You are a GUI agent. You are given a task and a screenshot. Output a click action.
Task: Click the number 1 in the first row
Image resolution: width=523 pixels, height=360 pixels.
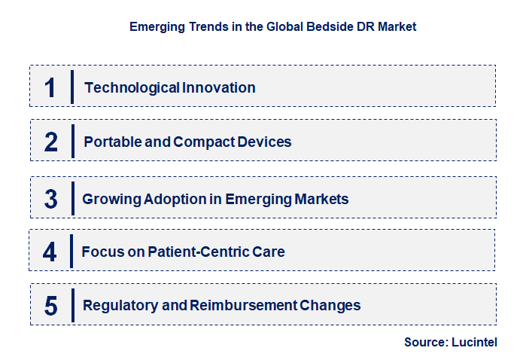coord(50,87)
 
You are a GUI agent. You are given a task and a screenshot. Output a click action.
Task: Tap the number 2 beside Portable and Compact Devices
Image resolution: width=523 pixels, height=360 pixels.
coord(50,142)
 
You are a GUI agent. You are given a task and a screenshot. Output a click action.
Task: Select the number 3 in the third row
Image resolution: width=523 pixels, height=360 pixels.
coord(50,199)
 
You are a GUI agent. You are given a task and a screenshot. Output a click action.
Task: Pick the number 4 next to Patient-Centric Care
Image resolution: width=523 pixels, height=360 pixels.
coord(50,252)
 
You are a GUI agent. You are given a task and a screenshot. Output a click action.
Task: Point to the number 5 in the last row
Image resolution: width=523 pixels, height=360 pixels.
coord(50,306)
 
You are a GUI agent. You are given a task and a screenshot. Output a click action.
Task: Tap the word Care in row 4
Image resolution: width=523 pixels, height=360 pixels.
coord(269,252)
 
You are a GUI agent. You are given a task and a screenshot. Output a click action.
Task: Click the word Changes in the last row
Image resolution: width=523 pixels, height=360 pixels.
coord(330,305)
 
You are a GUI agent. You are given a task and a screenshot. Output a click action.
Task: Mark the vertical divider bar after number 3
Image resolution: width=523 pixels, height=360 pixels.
coord(73,199)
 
